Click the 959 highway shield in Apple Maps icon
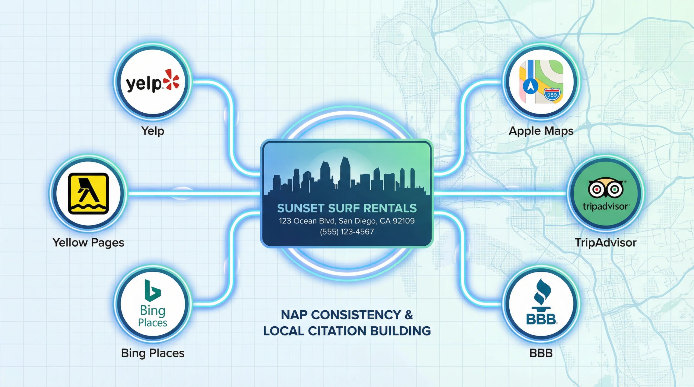552,95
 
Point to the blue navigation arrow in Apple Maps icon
531,86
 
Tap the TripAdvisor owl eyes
606,189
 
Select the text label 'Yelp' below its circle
153,131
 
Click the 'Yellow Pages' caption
88,242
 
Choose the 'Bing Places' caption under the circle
153,353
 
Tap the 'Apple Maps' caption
541,131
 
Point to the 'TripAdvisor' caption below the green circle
605,242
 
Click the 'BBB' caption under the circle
541,353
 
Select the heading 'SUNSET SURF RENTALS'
347,208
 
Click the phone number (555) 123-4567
347,232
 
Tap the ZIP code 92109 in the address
404,221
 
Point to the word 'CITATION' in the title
337,331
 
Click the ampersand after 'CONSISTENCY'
409,315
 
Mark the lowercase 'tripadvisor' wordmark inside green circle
605,207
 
